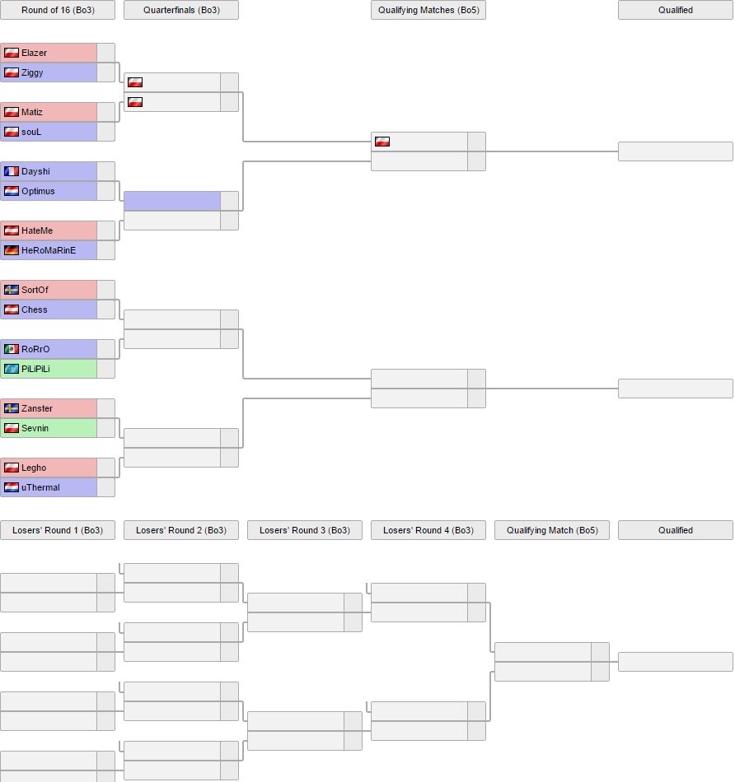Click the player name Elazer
point(34,53)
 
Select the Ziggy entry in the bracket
point(32,72)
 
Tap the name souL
point(32,132)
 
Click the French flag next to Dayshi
point(12,171)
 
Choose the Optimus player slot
point(38,191)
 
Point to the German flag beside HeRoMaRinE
point(12,250)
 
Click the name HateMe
point(36,230)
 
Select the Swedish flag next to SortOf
point(12,290)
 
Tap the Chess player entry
point(34,310)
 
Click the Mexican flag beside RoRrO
point(12,349)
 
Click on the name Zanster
point(36,408)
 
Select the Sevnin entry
point(35,428)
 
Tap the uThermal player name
point(40,487)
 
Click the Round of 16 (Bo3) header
point(58,10)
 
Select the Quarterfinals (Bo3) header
point(181,10)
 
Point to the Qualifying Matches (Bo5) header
point(428,10)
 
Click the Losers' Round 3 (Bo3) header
point(305,530)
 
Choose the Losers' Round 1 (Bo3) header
point(58,530)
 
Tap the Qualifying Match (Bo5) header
point(552,530)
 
